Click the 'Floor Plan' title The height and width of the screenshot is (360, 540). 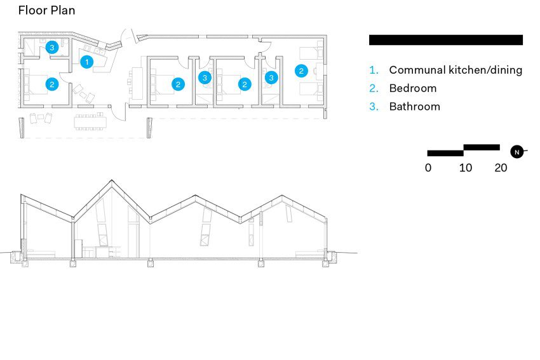point(46,10)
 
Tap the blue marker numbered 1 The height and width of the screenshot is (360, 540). point(87,62)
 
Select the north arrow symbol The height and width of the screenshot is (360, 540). point(517,152)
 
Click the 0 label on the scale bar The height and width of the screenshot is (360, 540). point(428,168)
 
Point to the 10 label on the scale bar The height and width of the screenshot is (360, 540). point(465,168)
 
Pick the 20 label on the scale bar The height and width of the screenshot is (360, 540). point(501,168)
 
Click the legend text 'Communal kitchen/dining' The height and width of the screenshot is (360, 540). point(456,70)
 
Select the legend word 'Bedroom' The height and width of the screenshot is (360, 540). point(413,88)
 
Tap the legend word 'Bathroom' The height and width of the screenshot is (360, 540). point(415,106)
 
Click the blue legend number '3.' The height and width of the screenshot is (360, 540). point(374,106)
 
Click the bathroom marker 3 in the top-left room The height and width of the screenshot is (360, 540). point(52,47)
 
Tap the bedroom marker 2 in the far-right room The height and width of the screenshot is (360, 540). point(301,71)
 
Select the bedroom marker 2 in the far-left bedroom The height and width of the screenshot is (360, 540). point(52,84)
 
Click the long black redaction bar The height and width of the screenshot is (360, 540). point(446,40)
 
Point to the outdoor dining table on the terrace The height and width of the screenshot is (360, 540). point(90,122)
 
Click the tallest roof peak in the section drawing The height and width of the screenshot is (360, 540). point(111,180)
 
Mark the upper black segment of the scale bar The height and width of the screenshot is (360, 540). point(482,147)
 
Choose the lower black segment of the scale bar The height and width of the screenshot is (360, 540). point(445,153)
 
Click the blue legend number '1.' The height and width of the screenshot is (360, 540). point(374,70)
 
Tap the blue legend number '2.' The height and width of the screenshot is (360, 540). point(374,88)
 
